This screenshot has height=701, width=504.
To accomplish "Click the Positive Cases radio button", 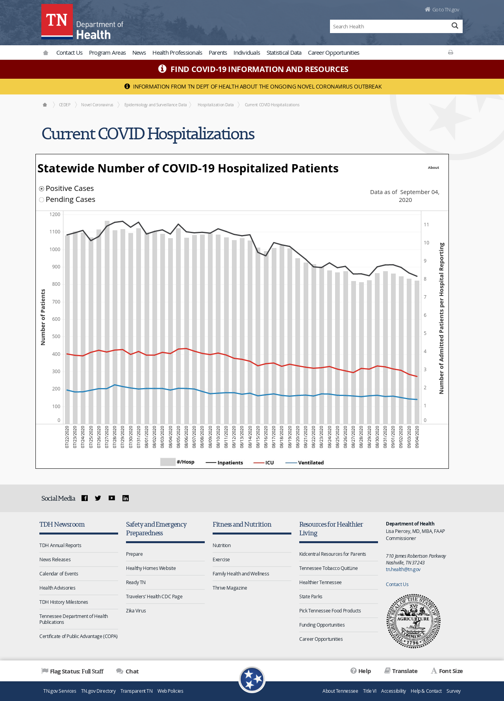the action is click(x=41, y=189).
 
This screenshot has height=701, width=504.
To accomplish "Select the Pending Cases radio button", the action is click(x=41, y=200).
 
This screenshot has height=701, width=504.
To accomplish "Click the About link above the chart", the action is click(x=434, y=168).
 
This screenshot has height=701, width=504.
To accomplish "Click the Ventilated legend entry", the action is click(x=305, y=462).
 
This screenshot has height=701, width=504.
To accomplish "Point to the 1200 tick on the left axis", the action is click(x=55, y=215).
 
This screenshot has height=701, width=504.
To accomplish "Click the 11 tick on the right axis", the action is click(x=426, y=225).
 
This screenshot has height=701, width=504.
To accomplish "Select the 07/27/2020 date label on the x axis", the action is click(x=107, y=437).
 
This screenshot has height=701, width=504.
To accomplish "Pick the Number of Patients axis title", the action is click(x=43, y=317).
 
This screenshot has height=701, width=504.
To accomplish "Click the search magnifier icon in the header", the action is click(x=455, y=26).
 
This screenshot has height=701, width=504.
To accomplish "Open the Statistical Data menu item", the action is click(x=284, y=53).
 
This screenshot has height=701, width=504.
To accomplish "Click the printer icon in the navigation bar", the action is click(x=450, y=52).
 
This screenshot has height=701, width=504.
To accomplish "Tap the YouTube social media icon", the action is click(x=112, y=498).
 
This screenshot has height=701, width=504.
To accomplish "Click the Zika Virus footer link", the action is click(x=136, y=611).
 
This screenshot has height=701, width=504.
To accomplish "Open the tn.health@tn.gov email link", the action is click(x=403, y=570).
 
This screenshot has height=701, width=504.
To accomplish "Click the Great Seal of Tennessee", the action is click(x=413, y=621).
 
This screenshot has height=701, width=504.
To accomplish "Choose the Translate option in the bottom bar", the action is click(x=401, y=671).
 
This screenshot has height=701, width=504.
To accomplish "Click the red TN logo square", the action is click(x=57, y=20).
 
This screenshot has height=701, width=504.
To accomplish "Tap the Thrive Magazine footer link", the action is click(x=230, y=588).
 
